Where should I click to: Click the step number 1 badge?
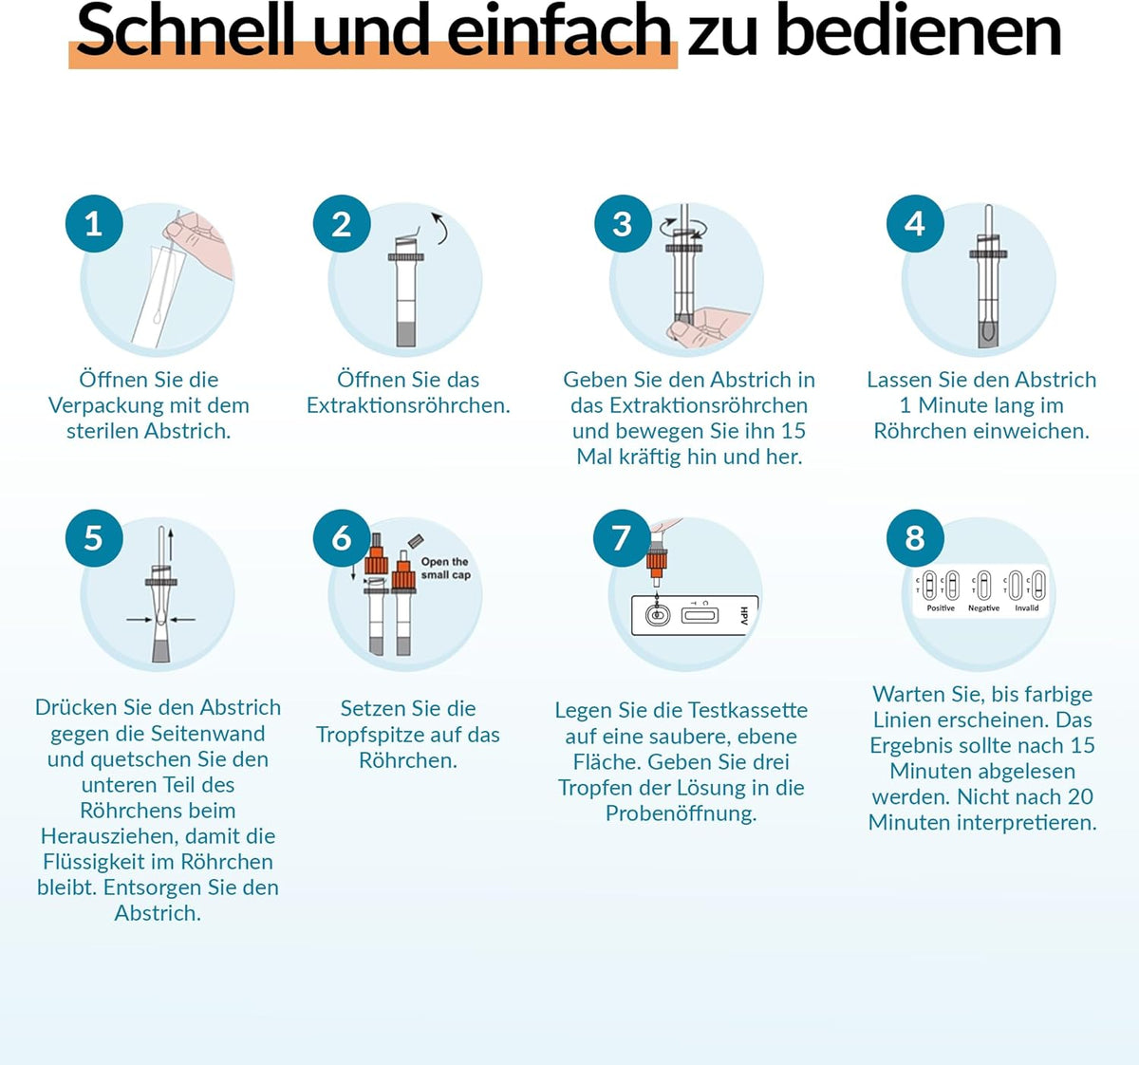point(94,224)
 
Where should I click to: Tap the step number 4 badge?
point(915,224)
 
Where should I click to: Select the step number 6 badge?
point(342,538)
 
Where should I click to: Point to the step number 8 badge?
point(915,538)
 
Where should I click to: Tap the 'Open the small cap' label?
point(445,568)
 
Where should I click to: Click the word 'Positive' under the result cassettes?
point(941,608)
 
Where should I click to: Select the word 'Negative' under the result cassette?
point(983,608)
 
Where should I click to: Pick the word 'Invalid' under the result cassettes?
point(1027,608)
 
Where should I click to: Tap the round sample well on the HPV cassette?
point(657,616)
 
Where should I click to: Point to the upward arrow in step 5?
point(171,543)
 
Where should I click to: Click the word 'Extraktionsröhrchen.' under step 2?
point(408,405)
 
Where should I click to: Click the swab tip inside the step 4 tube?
point(987,331)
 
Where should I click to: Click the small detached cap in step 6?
point(416,541)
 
